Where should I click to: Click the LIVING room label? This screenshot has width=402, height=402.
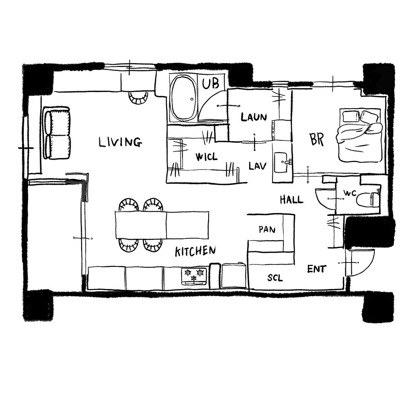[120, 142]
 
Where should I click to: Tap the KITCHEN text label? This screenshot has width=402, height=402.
[195, 251]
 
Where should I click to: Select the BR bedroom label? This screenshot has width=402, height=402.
[317, 139]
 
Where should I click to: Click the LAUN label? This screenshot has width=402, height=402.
[254, 117]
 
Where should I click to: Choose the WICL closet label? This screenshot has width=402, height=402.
[206, 157]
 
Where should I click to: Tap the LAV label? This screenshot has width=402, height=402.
[257, 166]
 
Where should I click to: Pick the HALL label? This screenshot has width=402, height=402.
[291, 199]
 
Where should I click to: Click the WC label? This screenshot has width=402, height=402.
[350, 193]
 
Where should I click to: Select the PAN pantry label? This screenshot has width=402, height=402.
[267, 230]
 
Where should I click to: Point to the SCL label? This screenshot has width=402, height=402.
[275, 278]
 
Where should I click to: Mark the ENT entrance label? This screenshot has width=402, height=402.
[317, 269]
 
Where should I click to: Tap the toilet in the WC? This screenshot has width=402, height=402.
[368, 199]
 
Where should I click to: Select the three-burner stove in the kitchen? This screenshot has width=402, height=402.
[194, 276]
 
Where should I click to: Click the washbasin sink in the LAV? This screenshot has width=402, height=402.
[281, 162]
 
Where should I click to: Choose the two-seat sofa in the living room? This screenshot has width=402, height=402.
[57, 133]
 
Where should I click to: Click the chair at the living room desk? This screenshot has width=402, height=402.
[138, 98]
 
